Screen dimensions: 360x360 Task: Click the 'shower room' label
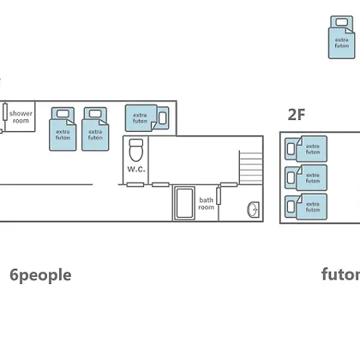click(21, 117)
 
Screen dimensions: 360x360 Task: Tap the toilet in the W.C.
click(136, 150)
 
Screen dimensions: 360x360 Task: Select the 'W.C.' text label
click(136, 169)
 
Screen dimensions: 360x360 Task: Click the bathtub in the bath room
click(184, 203)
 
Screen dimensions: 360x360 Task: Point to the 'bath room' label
click(206, 203)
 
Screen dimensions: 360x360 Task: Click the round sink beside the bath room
click(253, 210)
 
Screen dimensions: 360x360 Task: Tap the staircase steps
click(251, 167)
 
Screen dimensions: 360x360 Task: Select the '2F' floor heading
click(297, 115)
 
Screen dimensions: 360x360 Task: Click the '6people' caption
click(40, 275)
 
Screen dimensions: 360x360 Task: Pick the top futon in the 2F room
click(306, 149)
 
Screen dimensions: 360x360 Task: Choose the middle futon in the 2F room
click(306, 177)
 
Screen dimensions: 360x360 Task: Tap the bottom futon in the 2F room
click(306, 207)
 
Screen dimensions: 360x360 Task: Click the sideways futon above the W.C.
click(147, 118)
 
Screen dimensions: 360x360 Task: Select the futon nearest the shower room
click(63, 129)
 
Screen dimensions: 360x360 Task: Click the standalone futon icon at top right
click(342, 38)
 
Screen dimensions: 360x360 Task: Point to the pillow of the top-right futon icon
click(342, 22)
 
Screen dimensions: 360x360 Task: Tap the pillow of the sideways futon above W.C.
click(162, 118)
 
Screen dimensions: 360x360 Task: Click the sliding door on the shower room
click(5, 111)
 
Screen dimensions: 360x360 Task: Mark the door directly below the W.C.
click(135, 184)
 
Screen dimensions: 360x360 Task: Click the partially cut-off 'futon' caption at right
click(340, 274)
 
